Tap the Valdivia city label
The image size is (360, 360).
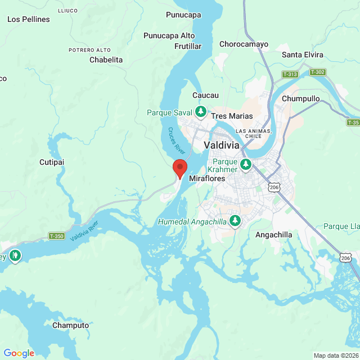[222, 145]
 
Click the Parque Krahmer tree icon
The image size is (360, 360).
[245, 165]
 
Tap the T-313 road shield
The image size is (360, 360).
[290, 74]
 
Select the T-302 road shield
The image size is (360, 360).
[317, 72]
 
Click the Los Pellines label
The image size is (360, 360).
[29, 19]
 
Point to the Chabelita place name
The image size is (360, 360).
[106, 60]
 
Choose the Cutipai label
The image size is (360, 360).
[52, 162]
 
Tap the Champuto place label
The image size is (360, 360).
[70, 325]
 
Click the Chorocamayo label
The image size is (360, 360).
[244, 44]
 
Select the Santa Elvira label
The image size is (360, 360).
[303, 55]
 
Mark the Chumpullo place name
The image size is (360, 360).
[301, 98]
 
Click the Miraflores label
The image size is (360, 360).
[207, 178]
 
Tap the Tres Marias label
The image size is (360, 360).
[232, 116]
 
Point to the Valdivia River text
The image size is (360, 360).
[85, 231]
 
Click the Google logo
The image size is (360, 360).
[19, 353]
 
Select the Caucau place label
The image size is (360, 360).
[205, 96]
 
